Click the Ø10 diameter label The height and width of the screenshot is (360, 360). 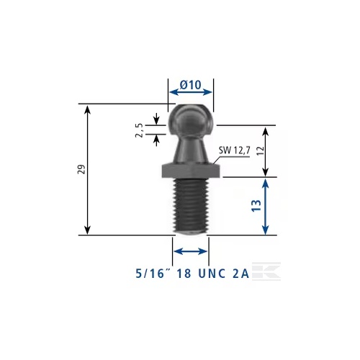pos(191,85)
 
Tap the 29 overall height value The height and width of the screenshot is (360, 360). pos(82,169)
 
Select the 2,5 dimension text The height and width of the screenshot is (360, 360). pos(139,130)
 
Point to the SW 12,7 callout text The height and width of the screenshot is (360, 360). pos(235,150)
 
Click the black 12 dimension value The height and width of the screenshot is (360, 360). pos(261,150)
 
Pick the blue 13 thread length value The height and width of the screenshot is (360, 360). pos(256,206)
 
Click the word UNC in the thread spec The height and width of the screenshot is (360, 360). pos(212,274)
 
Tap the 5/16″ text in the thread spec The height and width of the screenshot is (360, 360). pos(150,274)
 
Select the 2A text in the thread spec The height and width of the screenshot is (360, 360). pos(240,274)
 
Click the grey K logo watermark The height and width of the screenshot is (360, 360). pos(266,271)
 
